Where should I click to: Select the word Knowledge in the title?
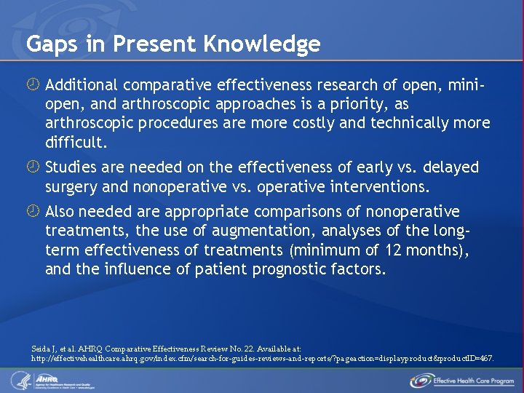tap(263, 45)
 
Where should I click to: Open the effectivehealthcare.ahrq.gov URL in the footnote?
tap(263, 359)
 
